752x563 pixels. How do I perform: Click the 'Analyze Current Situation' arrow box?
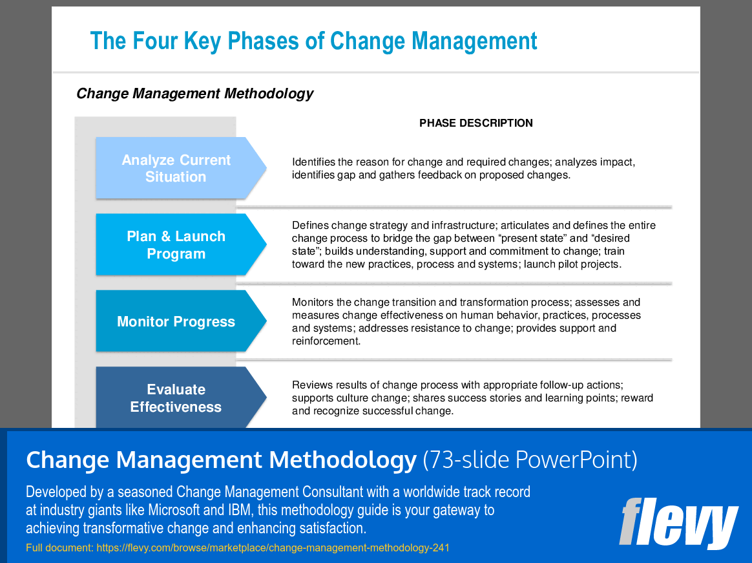[176, 168]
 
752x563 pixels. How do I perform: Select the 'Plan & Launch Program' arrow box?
[176, 245]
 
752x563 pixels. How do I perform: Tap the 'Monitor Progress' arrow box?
[176, 321]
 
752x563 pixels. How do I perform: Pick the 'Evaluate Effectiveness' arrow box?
[176, 398]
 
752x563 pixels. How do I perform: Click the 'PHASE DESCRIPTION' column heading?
[476, 123]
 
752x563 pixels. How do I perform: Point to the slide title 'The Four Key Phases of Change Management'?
[313, 41]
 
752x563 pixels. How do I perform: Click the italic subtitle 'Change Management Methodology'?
[194, 93]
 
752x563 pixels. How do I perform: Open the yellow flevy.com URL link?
[273, 548]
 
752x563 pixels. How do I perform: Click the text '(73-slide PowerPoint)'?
[530, 460]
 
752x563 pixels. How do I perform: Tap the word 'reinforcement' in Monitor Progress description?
[326, 341]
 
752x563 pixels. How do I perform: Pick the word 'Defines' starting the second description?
[310, 226]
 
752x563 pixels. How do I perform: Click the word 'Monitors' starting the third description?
[313, 302]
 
